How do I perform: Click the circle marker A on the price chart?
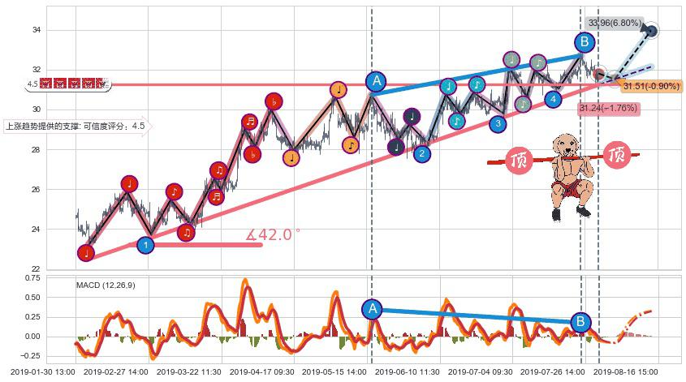point(375,80)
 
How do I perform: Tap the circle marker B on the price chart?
point(585,42)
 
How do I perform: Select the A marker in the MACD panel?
point(372,308)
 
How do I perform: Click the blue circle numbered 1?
point(145,243)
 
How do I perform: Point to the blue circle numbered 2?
point(421,153)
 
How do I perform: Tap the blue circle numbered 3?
point(498,123)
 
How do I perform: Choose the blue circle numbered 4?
point(553,99)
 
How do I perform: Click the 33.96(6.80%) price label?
point(614,23)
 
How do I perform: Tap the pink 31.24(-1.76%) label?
point(607,108)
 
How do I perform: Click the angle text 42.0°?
point(274,234)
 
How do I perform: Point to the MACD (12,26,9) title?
point(106,285)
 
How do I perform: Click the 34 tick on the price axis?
point(36,30)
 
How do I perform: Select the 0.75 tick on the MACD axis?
point(30,278)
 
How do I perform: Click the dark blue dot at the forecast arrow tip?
point(652,32)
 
